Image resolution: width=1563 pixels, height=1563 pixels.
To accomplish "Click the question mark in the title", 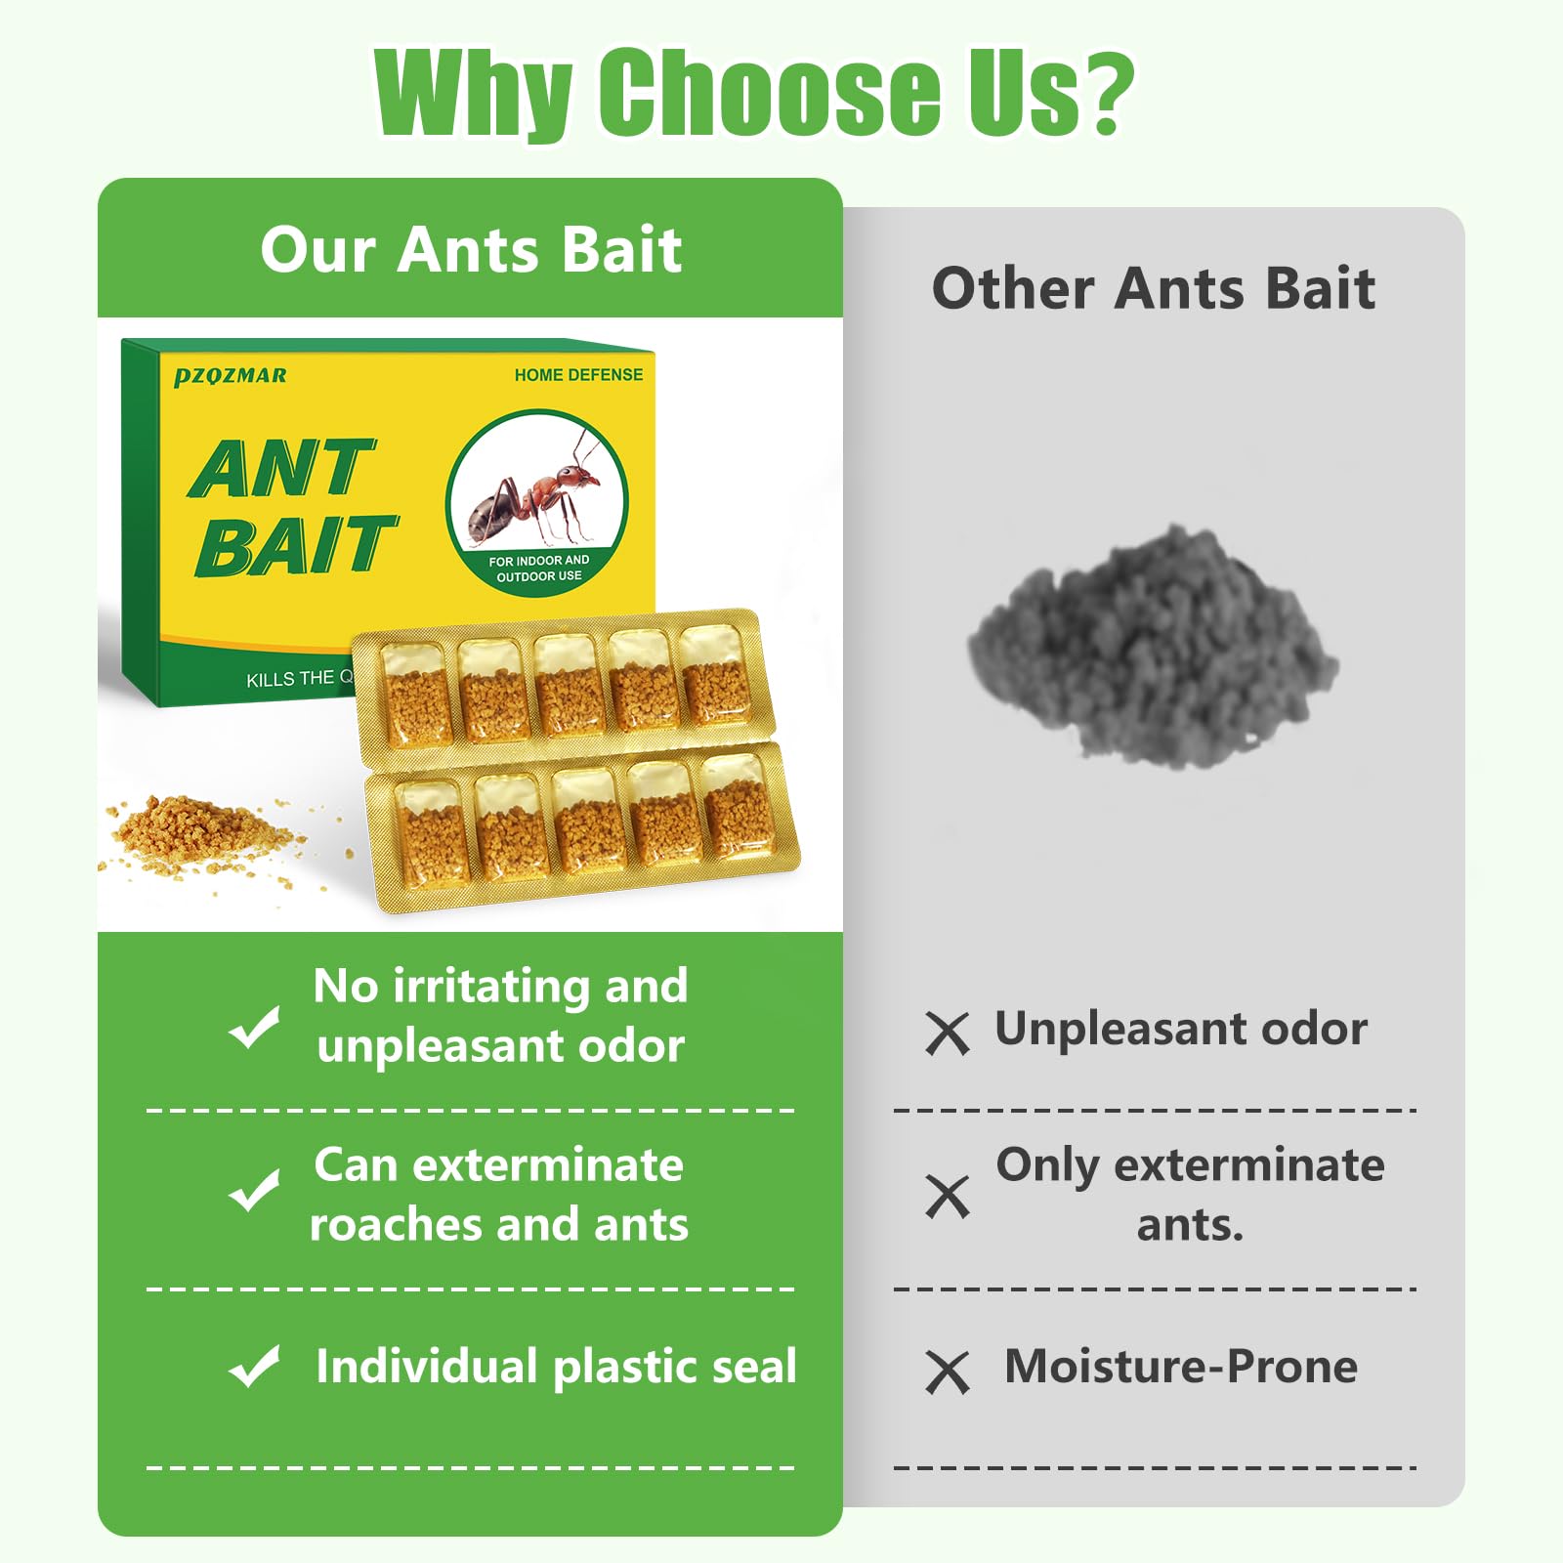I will tap(1103, 93).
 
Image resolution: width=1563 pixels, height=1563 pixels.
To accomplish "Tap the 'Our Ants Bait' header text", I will tap(471, 249).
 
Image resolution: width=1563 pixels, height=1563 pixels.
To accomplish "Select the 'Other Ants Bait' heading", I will tap(1153, 288).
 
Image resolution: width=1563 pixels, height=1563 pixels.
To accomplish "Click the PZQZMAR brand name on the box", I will tap(231, 376).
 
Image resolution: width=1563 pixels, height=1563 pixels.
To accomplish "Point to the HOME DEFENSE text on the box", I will tap(578, 375).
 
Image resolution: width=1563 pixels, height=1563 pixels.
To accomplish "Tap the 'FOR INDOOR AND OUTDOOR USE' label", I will tap(538, 569).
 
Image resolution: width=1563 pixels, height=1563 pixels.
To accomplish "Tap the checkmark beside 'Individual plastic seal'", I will tap(254, 1366).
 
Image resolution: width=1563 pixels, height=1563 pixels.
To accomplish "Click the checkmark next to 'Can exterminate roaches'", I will tap(254, 1191).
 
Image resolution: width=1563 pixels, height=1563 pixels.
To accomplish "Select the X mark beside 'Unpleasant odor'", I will tap(947, 1034).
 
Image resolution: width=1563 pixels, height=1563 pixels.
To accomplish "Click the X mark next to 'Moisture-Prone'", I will tap(947, 1372).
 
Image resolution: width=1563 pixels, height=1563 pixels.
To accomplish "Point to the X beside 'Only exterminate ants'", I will tap(947, 1197).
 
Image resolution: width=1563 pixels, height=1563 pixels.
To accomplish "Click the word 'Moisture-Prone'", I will tap(1180, 1366).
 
